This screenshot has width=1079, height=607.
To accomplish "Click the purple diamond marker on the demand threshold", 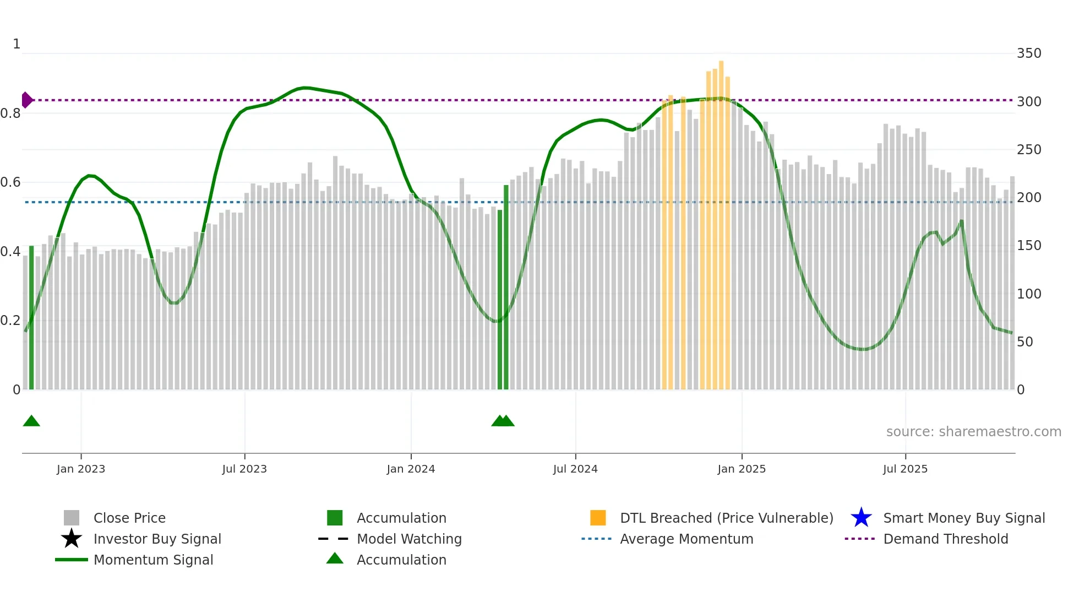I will (26, 100).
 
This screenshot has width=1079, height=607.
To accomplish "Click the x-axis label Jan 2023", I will (81, 469).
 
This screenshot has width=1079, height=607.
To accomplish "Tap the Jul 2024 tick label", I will (575, 469).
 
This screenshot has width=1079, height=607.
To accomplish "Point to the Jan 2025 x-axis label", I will (742, 469).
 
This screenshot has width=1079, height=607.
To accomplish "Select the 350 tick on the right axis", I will (1029, 53).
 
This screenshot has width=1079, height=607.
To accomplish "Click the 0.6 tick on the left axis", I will (10, 182).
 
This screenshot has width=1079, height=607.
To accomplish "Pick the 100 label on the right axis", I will (1029, 294).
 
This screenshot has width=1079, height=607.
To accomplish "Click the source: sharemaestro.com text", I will (973, 432).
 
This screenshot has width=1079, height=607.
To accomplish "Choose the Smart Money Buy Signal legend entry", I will (963, 518).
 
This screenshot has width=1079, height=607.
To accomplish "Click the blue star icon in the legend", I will (861, 518).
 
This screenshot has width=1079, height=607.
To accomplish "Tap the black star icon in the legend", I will (72, 539).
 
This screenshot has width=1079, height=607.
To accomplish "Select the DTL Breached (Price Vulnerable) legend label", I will (726, 518).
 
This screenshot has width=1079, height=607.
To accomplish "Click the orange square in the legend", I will (598, 518).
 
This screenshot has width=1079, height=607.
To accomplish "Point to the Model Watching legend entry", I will (409, 539).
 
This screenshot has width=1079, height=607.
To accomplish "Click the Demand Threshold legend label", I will (945, 539).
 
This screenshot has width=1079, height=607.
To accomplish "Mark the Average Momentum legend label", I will (686, 539).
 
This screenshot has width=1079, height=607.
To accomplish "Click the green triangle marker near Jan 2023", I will (31, 421).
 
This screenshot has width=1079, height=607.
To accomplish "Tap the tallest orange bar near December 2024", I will (721, 220).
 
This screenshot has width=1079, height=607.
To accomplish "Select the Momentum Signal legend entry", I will (153, 560).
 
